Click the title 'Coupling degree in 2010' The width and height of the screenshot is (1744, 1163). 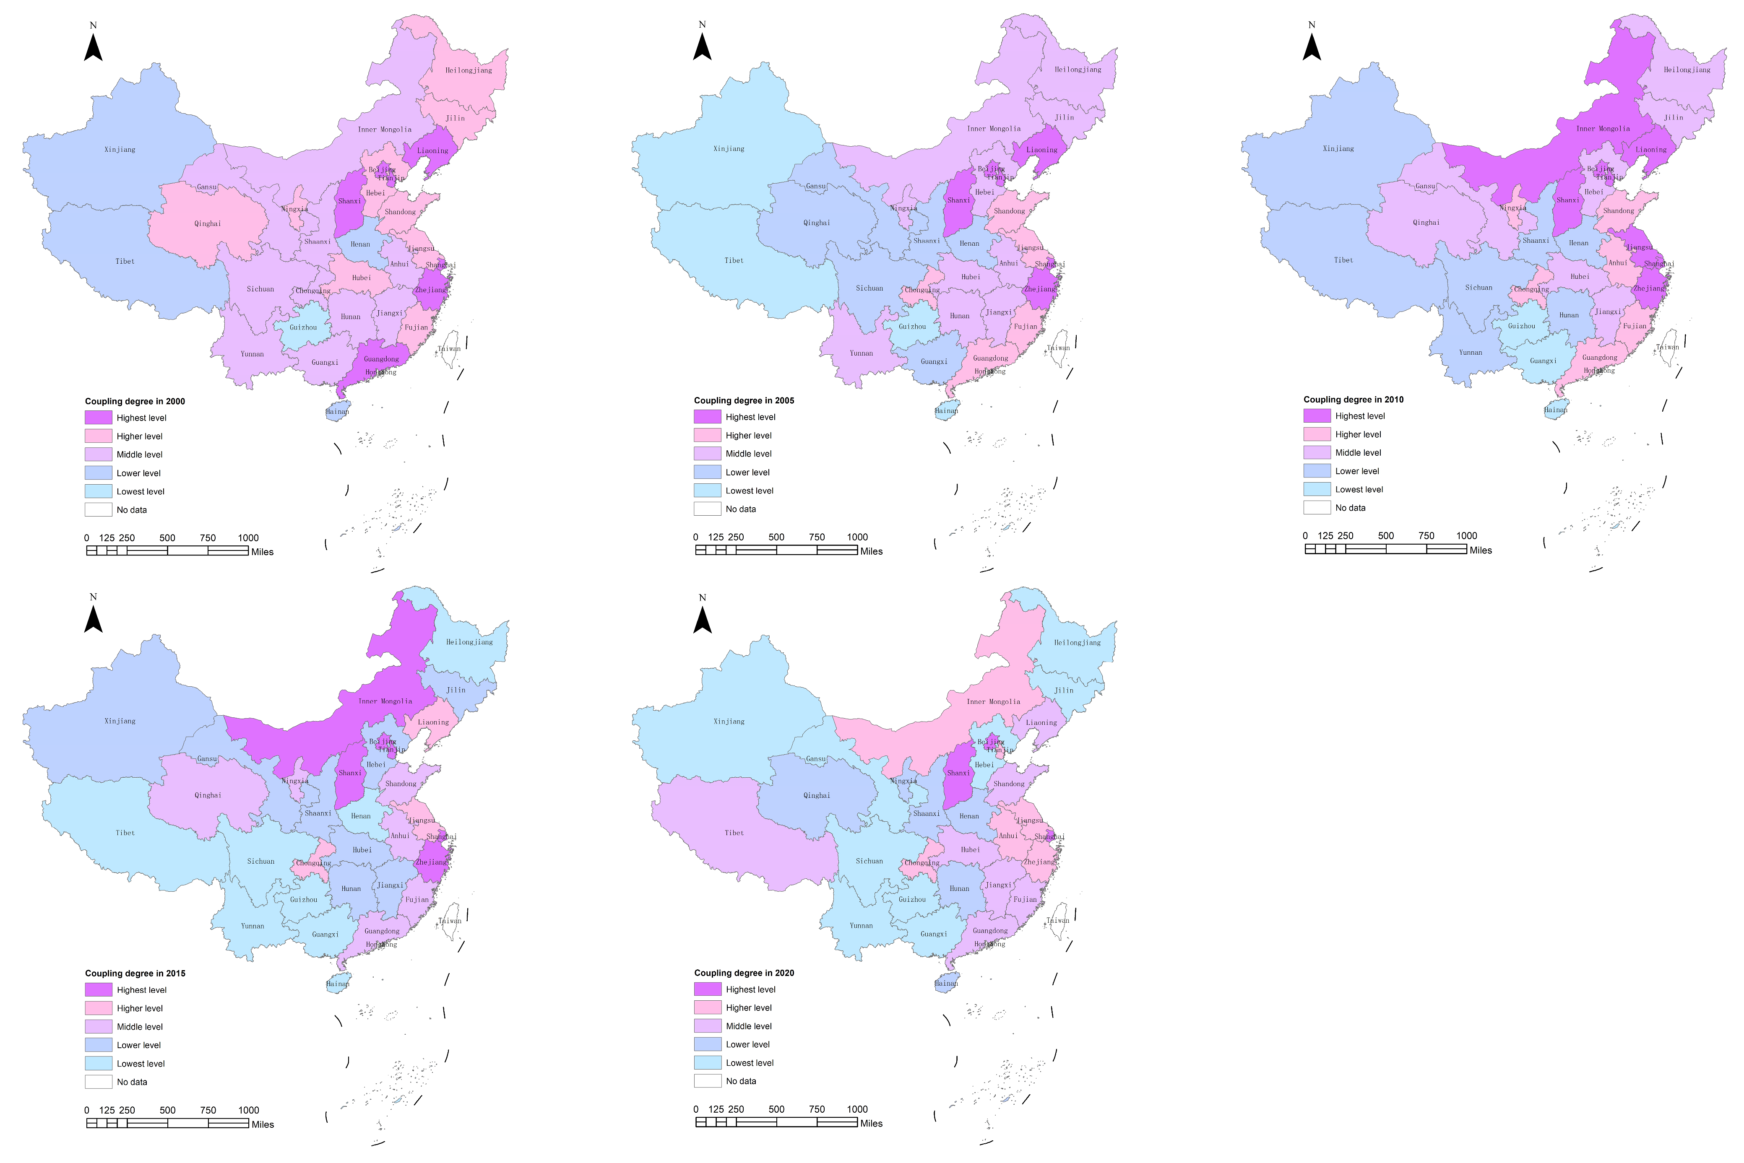pyautogui.click(x=1353, y=399)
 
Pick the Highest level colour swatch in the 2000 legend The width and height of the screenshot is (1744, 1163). pyautogui.click(x=98, y=418)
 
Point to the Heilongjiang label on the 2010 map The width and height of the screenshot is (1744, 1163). pyautogui.click(x=1687, y=70)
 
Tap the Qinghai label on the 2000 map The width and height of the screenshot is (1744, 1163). pyautogui.click(x=208, y=223)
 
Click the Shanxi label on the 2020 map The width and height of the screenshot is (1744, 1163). pyautogui.click(x=958, y=773)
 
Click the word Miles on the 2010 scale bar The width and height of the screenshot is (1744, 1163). pyautogui.click(x=1481, y=550)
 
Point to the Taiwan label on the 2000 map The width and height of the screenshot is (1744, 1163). pyautogui.click(x=449, y=348)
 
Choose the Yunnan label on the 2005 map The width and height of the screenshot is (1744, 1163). pyautogui.click(x=861, y=353)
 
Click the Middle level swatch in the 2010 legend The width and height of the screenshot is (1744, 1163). pyautogui.click(x=1317, y=452)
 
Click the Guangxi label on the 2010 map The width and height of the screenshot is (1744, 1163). pyautogui.click(x=1543, y=361)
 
